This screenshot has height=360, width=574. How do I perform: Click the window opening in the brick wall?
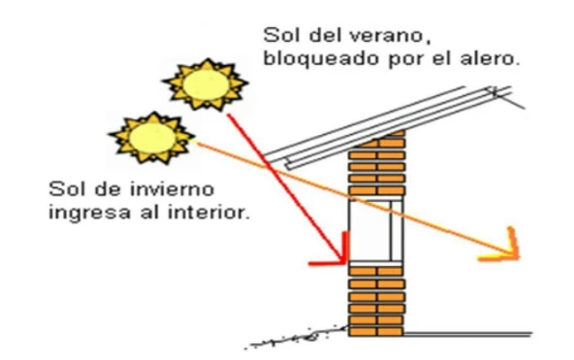pyautogui.click(x=375, y=229)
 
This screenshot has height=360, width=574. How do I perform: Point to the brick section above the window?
pyautogui.click(x=376, y=164)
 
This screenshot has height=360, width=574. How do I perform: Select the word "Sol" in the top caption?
pyautogui.click(x=279, y=35)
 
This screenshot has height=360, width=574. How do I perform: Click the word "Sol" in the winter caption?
pyautogui.click(x=65, y=185)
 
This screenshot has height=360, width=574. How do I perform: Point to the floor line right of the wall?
pyautogui.click(x=465, y=335)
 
